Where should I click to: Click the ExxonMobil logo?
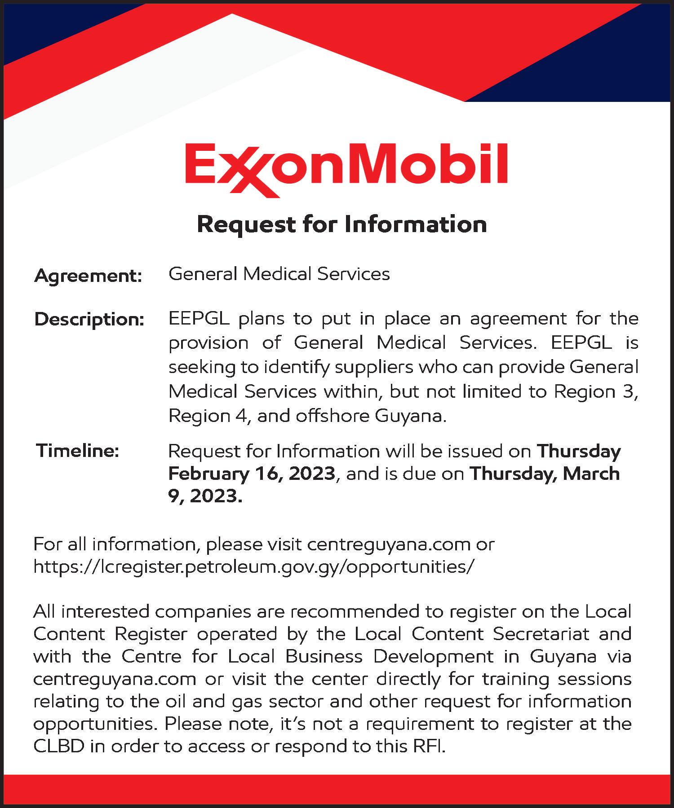pyautogui.click(x=346, y=167)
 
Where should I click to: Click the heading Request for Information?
pyautogui.click(x=342, y=224)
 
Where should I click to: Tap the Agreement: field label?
pyautogui.click(x=88, y=276)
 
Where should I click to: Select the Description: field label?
pyautogui.click(x=89, y=320)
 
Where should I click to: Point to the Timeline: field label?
pyautogui.click(x=78, y=450)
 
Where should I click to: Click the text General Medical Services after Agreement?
pyautogui.click(x=279, y=274)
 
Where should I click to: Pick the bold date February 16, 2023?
pyautogui.click(x=252, y=474)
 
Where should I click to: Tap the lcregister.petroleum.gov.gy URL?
pyautogui.click(x=253, y=567)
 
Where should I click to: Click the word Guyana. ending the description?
pyautogui.click(x=411, y=416)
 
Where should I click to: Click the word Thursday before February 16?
pyautogui.click(x=579, y=451)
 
